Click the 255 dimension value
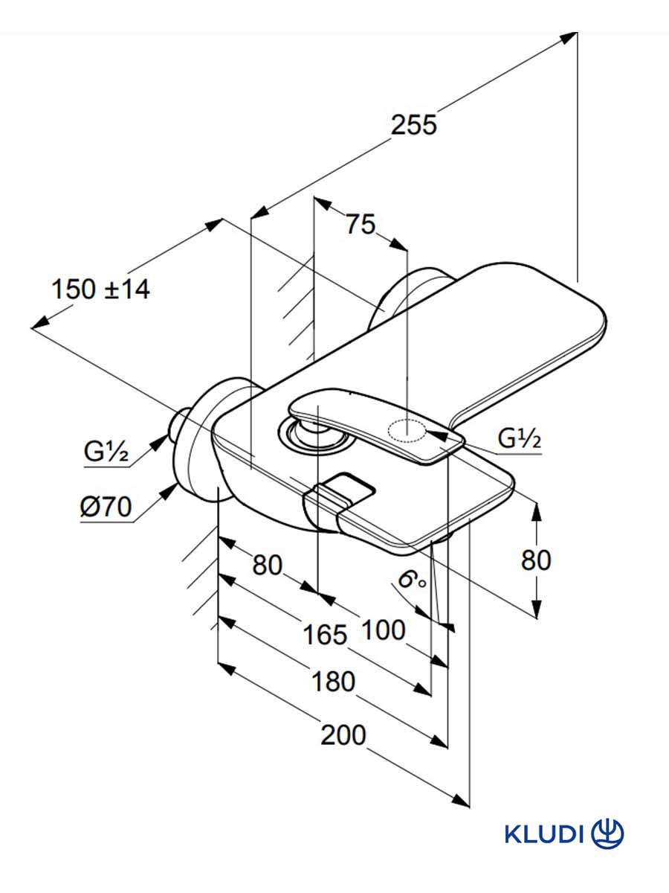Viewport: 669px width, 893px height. pyautogui.click(x=414, y=125)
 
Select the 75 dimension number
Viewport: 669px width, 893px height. pyautogui.click(x=361, y=224)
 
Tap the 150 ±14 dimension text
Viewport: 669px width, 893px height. pyautogui.click(x=100, y=289)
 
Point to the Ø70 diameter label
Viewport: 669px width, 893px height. pyautogui.click(x=106, y=508)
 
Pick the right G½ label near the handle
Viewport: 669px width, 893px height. pyautogui.click(x=520, y=438)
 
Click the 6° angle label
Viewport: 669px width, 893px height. pyautogui.click(x=411, y=581)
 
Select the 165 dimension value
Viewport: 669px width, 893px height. pyautogui.click(x=325, y=635)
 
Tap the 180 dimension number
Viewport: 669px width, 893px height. pyautogui.click(x=334, y=681)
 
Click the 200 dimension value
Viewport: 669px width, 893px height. pyautogui.click(x=343, y=735)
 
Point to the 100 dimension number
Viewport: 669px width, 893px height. pyautogui.click(x=384, y=630)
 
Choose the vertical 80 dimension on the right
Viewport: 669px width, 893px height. pyautogui.click(x=536, y=560)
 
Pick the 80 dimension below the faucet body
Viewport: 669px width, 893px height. pyautogui.click(x=268, y=565)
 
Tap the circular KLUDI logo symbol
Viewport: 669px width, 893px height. pyautogui.click(x=608, y=833)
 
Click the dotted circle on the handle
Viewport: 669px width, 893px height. pyautogui.click(x=407, y=430)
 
